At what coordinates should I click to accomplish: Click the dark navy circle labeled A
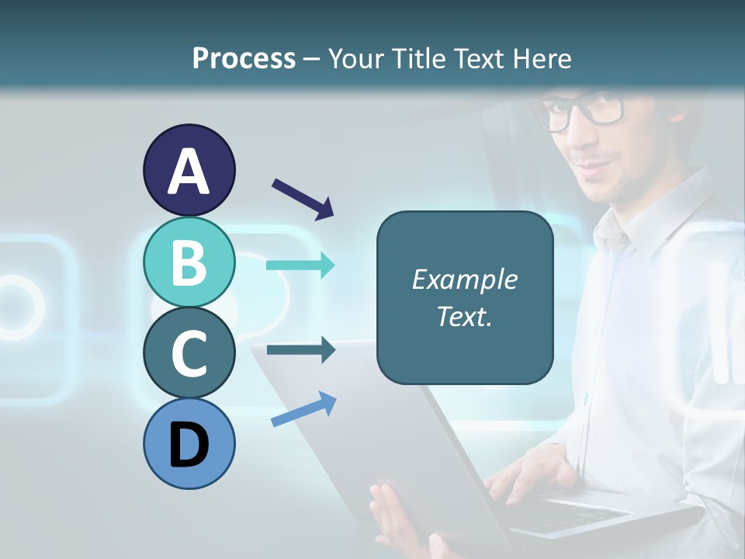click(189, 170)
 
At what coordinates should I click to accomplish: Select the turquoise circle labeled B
click(189, 262)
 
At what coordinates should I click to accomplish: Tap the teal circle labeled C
click(189, 352)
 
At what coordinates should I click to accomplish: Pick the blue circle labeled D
click(189, 443)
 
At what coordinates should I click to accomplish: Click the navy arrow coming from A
click(303, 198)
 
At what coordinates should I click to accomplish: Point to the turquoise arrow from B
click(300, 266)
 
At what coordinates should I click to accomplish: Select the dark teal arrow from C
click(300, 350)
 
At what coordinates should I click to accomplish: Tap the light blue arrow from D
click(303, 409)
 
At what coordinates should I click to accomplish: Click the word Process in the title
click(244, 58)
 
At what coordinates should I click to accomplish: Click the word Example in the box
click(464, 279)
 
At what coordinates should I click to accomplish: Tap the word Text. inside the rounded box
click(464, 316)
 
